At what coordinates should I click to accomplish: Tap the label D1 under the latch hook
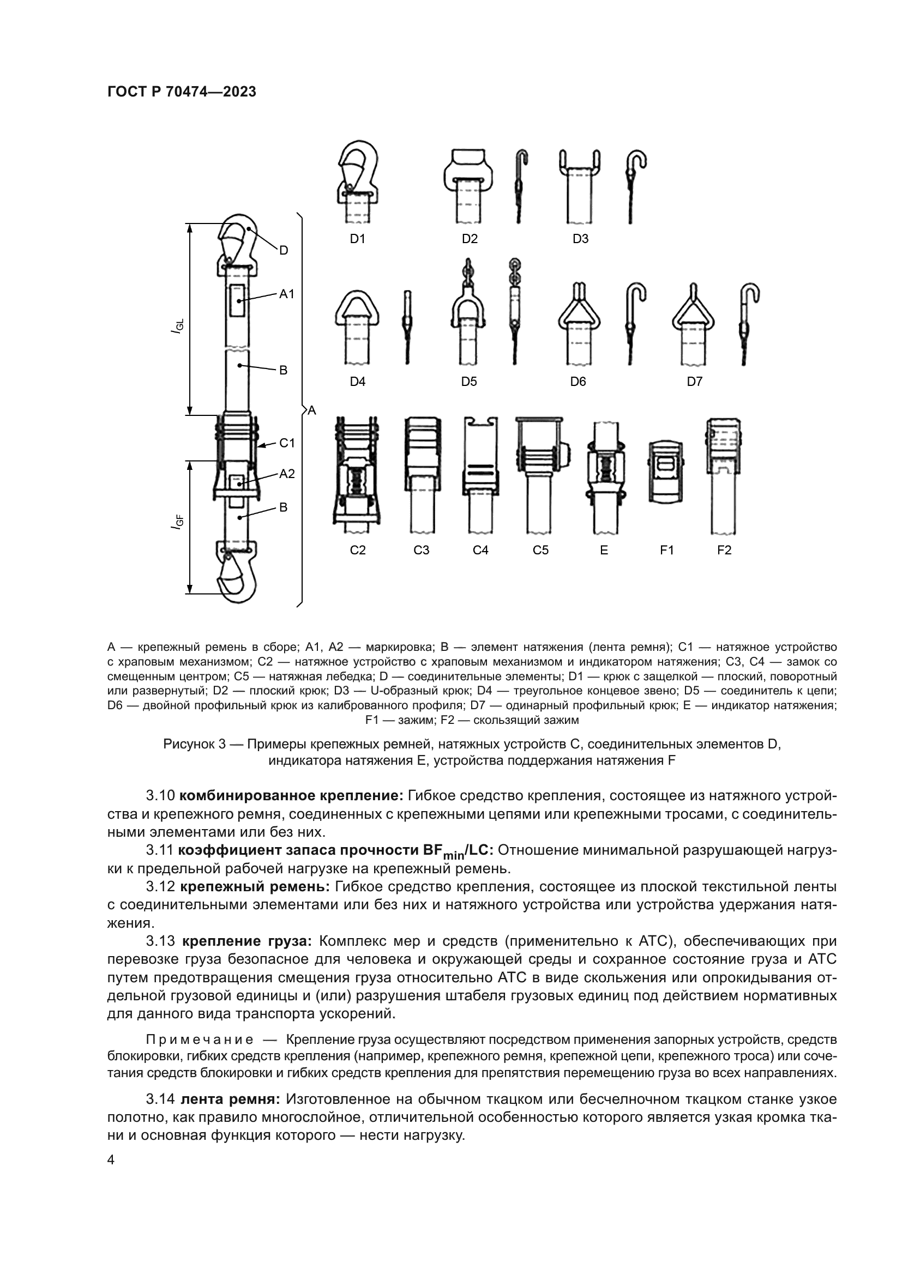tap(358, 239)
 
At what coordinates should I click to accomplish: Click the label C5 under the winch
tap(540, 551)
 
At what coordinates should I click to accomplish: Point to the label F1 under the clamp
tap(666, 551)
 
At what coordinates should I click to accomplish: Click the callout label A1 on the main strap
tap(287, 294)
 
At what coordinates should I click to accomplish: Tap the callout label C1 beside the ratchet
tap(287, 443)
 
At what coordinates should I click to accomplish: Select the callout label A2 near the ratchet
tap(287, 474)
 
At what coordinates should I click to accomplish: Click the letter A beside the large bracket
tap(311, 410)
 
